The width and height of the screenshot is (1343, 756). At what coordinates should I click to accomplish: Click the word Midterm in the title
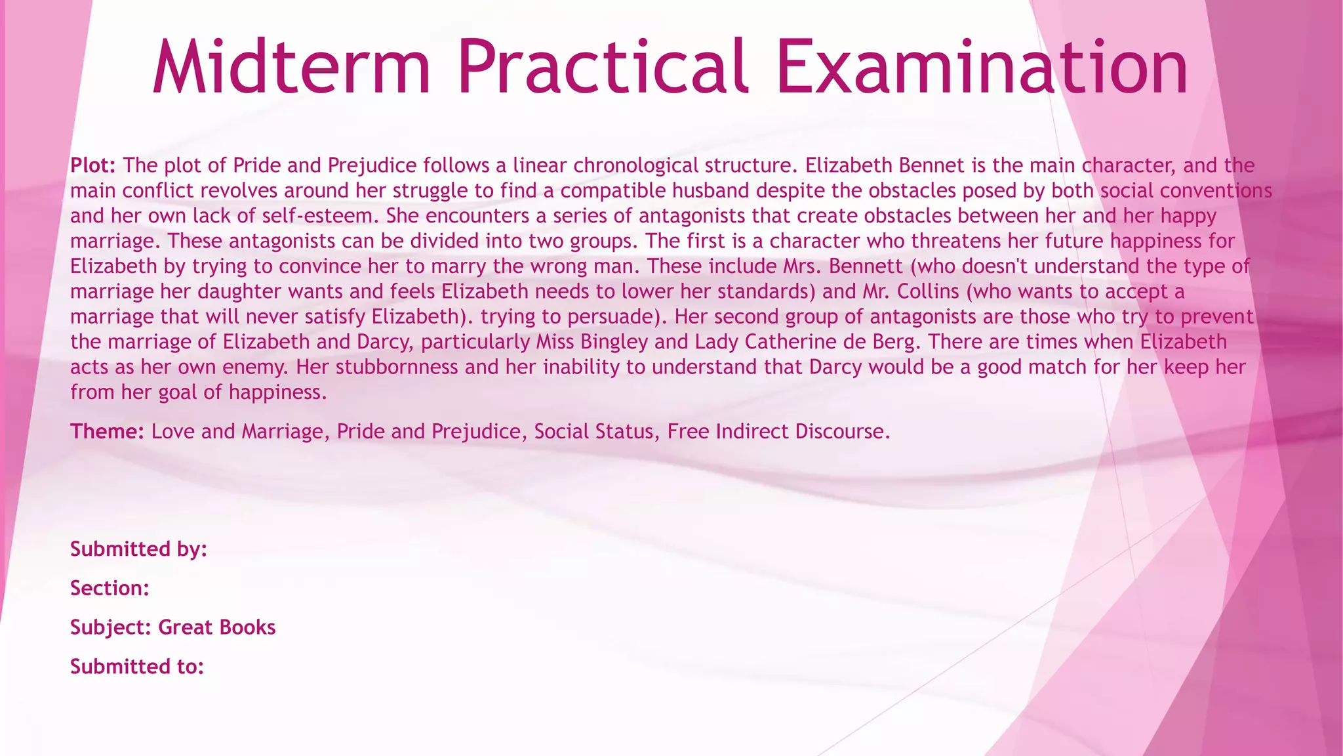292,67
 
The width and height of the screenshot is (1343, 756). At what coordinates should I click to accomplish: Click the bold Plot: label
93,165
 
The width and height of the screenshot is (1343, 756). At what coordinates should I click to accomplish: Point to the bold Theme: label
107,431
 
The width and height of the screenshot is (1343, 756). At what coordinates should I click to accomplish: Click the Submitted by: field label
138,549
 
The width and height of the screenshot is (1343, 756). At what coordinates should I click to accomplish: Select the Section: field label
110,588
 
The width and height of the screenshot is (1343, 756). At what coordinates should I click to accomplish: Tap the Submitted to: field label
137,667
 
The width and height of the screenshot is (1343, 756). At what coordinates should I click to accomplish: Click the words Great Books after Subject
217,627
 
